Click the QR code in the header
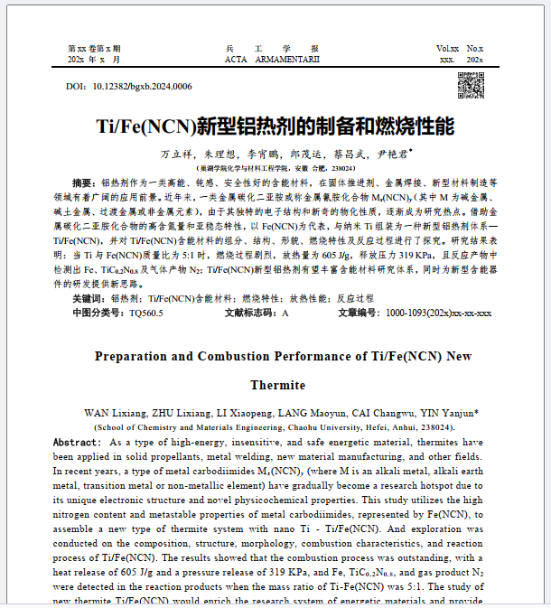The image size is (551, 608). (x=471, y=85)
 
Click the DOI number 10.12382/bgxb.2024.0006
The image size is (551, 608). (x=143, y=87)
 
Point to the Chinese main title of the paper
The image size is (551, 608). (x=275, y=125)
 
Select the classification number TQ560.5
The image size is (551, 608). (x=146, y=313)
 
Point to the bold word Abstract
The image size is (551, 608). (x=78, y=443)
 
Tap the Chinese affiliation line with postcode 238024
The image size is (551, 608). (x=275, y=168)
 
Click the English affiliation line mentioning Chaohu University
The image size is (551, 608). (x=275, y=426)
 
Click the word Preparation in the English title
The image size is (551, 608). (x=137, y=356)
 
